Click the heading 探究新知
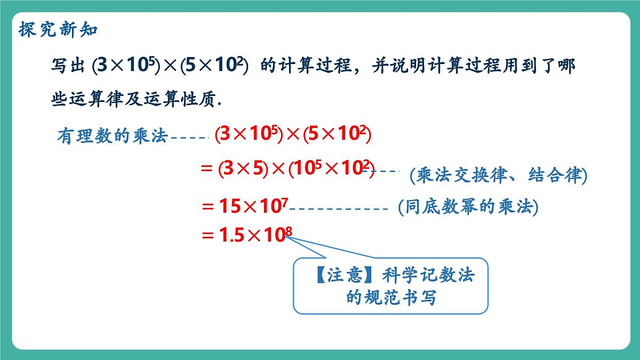pos(58,29)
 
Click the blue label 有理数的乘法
pos(113,137)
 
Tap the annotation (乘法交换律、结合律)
pos(499,175)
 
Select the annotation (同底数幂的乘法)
pos(468,207)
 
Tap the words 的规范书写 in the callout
pos(391,297)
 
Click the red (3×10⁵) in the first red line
pos(249,135)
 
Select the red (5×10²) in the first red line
pos(337,135)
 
